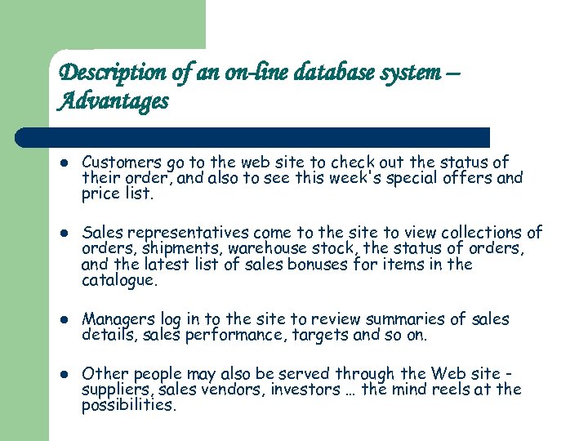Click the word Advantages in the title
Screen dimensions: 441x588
[114, 102]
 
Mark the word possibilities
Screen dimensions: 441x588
[128, 405]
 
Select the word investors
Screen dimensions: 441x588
[274, 390]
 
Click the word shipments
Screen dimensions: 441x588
[175, 249]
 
